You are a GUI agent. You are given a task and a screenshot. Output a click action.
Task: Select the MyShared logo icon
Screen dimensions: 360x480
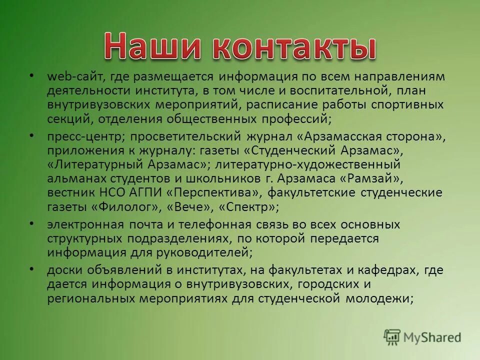(392, 337)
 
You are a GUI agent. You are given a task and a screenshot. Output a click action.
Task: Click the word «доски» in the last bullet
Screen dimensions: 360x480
(62, 270)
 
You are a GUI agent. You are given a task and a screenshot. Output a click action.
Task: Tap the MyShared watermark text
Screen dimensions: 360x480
(432, 337)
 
